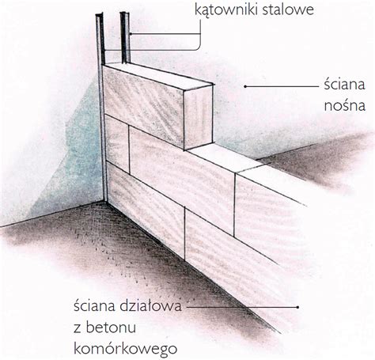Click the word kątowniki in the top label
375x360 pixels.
click(227, 10)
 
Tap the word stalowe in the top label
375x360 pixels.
click(288, 9)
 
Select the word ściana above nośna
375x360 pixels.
click(344, 85)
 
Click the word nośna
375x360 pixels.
click(344, 105)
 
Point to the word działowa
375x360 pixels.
click(150, 306)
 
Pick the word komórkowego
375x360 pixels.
click(125, 349)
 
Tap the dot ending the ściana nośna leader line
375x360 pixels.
click(245, 86)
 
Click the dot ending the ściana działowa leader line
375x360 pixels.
click(297, 307)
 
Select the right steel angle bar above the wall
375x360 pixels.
click(125, 37)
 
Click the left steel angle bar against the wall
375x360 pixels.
click(102, 105)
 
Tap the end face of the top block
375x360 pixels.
click(199, 117)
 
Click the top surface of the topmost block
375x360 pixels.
click(157, 75)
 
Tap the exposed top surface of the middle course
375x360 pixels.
click(225, 157)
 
